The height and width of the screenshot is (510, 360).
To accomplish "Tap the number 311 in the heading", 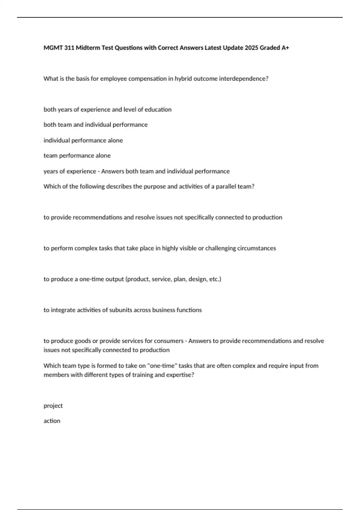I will coord(69,48).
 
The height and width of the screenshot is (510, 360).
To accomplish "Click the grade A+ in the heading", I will coord(285,48).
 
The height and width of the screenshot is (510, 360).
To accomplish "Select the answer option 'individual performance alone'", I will coord(83,140).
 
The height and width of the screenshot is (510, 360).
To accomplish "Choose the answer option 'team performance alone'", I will coord(77,156).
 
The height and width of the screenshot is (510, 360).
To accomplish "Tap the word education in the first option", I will coord(158,109).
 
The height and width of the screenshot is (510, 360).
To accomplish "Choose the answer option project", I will coord(53,406).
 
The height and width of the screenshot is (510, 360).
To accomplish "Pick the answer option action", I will coord(52,421).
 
